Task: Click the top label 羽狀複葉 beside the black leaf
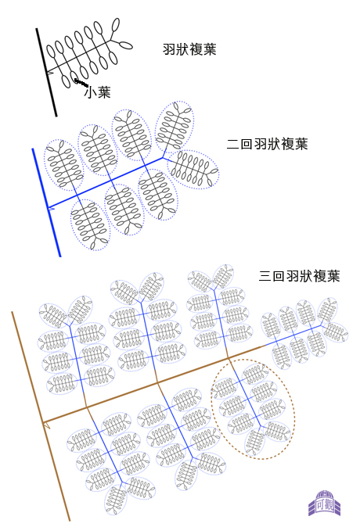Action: tap(189, 49)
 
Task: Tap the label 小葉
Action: tap(98, 92)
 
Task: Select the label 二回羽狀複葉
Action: tap(268, 144)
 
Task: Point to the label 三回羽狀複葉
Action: tap(300, 276)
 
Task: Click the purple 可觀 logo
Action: tap(324, 503)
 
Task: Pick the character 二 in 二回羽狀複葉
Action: tap(233, 144)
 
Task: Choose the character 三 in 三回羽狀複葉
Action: tap(265, 276)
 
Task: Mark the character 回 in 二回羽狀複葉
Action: tap(247, 144)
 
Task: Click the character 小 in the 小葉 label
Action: tap(90, 92)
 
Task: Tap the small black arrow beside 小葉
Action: tap(81, 82)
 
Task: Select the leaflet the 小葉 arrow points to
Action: tap(73, 75)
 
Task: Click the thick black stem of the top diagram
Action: tap(46, 72)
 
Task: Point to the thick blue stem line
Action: tap(46, 203)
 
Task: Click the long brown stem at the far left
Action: tap(41, 416)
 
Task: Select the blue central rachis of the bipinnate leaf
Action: tap(105, 182)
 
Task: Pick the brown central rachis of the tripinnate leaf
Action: tap(153, 384)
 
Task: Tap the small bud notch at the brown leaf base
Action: tap(47, 425)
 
